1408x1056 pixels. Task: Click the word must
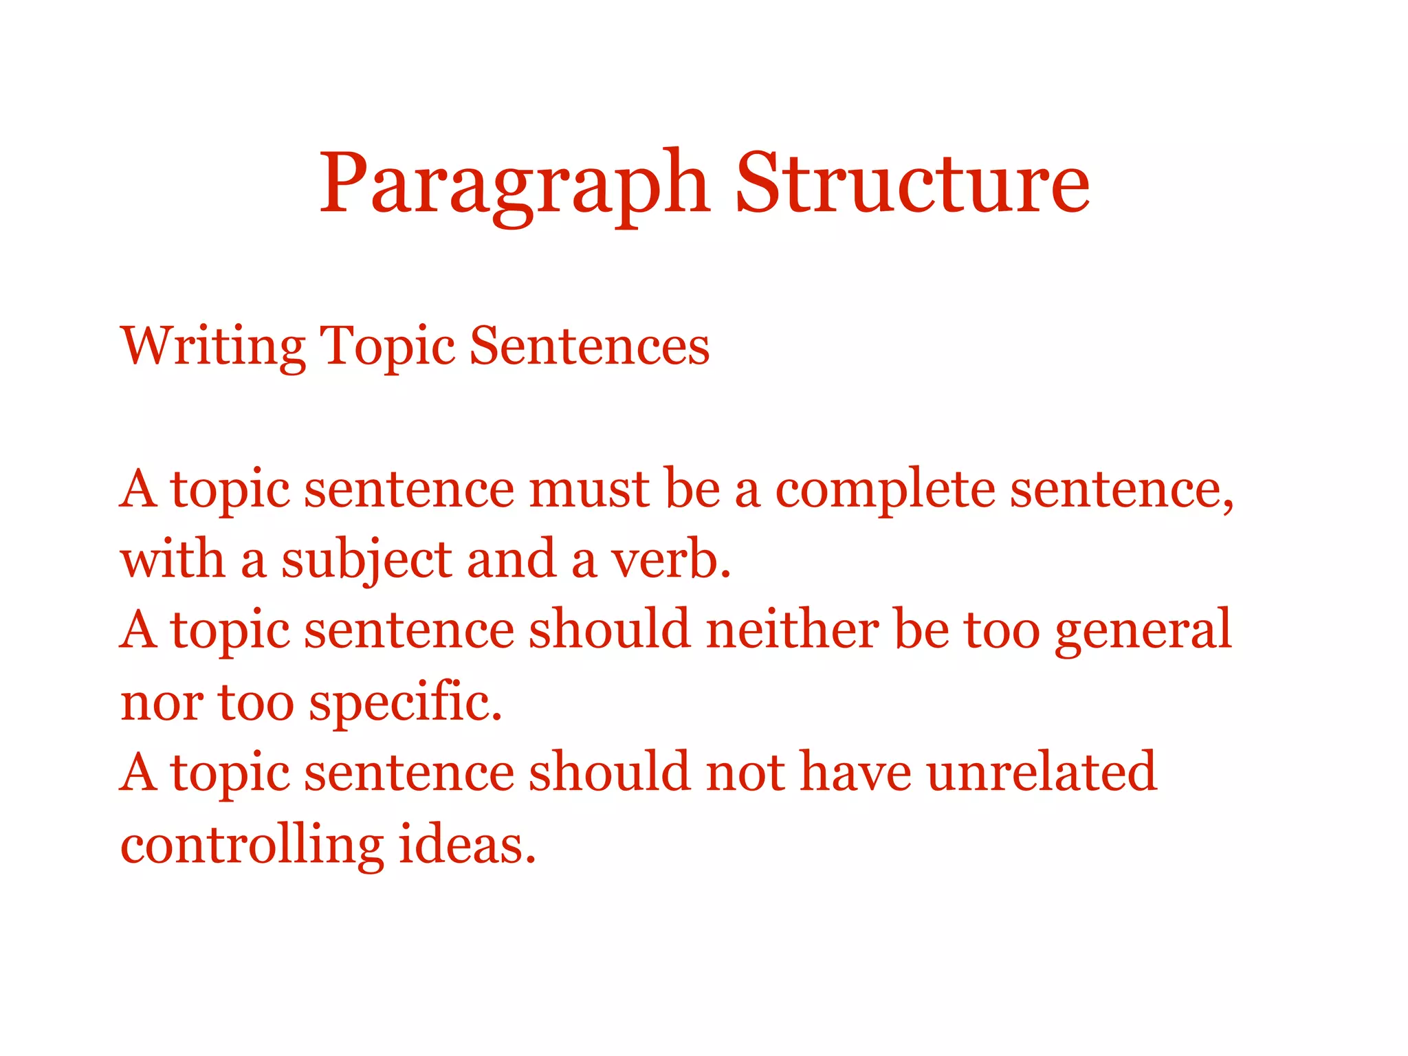pos(589,489)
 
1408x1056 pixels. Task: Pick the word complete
pos(885,489)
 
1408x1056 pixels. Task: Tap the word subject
pos(366,560)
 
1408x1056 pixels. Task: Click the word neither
pos(792,630)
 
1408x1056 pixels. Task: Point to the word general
pos(1143,630)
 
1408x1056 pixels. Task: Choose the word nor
pos(162,703)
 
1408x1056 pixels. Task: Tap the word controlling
pos(252,844)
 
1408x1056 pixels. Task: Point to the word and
pos(511,560)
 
